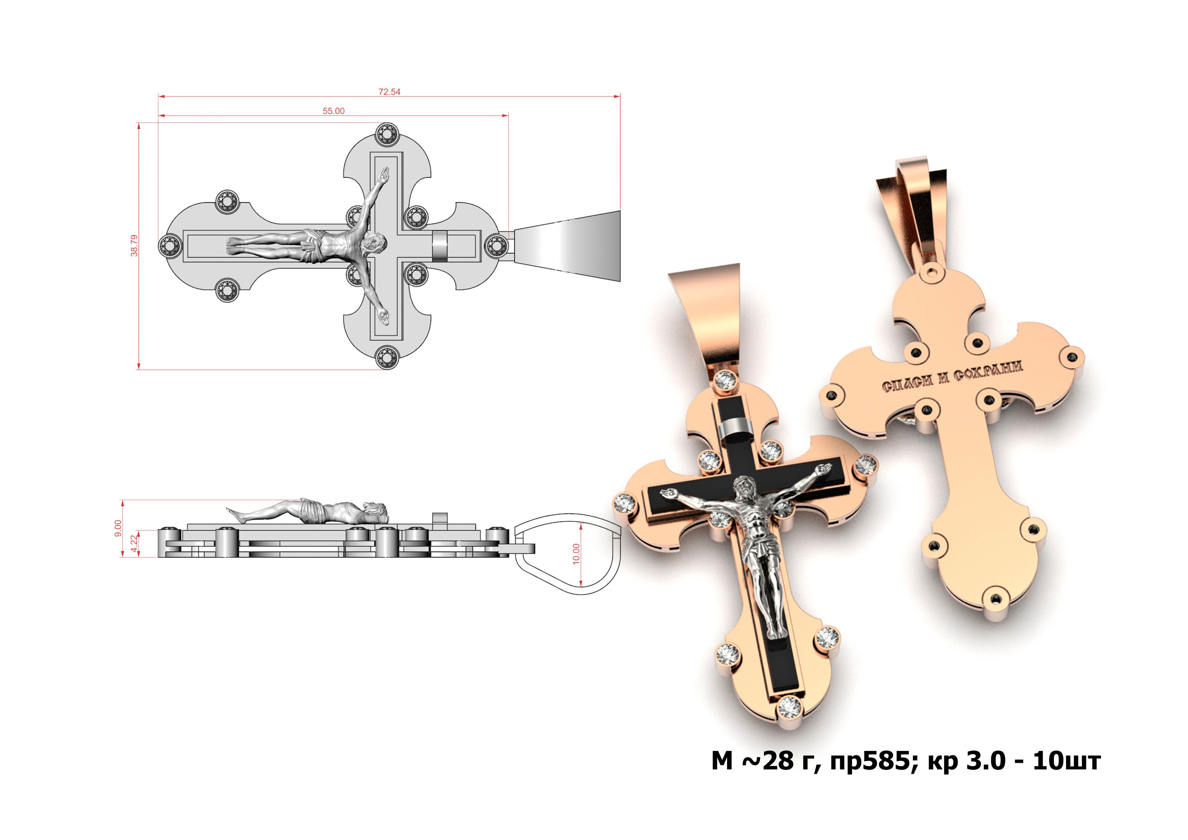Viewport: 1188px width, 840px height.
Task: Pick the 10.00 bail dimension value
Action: coord(576,554)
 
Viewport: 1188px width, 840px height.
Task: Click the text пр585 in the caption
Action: coord(870,761)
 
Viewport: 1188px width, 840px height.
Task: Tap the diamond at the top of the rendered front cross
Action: coord(725,380)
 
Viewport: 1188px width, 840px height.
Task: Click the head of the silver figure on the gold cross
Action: coord(745,486)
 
